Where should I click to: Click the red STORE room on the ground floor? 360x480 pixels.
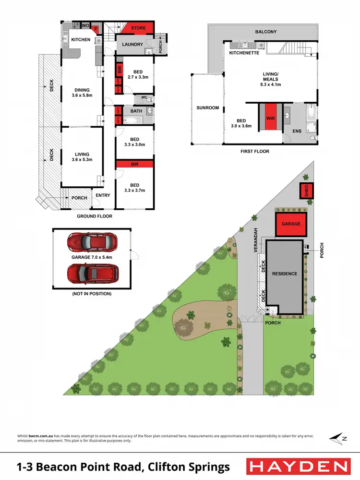pyautogui.click(x=138, y=28)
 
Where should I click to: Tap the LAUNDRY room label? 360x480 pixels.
pyautogui.click(x=132, y=45)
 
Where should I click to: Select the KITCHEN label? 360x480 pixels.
pyautogui.click(x=81, y=39)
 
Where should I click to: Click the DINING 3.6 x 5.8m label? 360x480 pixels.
pyautogui.click(x=82, y=92)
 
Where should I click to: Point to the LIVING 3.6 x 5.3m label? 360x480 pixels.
pyautogui.click(x=82, y=157)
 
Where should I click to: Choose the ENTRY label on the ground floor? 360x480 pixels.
pyautogui.click(x=103, y=195)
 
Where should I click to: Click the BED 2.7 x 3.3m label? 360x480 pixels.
pyautogui.click(x=137, y=74)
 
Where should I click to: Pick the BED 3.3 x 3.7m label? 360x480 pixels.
pyautogui.click(x=134, y=188)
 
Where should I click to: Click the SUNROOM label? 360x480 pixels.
pyautogui.click(x=207, y=108)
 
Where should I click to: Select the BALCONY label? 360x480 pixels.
pyautogui.click(x=266, y=32)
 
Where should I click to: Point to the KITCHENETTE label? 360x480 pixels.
pyautogui.click(x=244, y=53)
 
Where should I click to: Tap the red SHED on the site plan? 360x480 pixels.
pyautogui.click(x=306, y=191)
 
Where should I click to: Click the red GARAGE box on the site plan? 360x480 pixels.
pyautogui.click(x=290, y=224)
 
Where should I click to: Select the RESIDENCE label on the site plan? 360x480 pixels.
pyautogui.click(x=285, y=274)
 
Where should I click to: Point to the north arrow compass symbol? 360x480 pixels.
pyautogui.click(x=337, y=438)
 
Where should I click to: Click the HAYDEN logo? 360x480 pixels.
pyautogui.click(x=297, y=466)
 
